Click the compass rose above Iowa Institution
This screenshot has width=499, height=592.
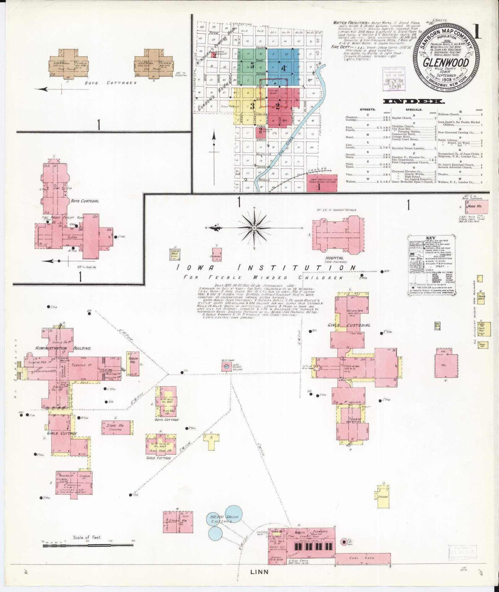pyautogui.click(x=254, y=228)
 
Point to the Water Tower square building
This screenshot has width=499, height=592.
pyautogui.click(x=226, y=367)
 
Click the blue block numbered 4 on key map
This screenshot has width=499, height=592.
pyautogui.click(x=283, y=68)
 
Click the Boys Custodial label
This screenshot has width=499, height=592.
pyautogui.click(x=84, y=201)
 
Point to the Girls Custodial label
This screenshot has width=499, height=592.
pyautogui.click(x=349, y=325)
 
